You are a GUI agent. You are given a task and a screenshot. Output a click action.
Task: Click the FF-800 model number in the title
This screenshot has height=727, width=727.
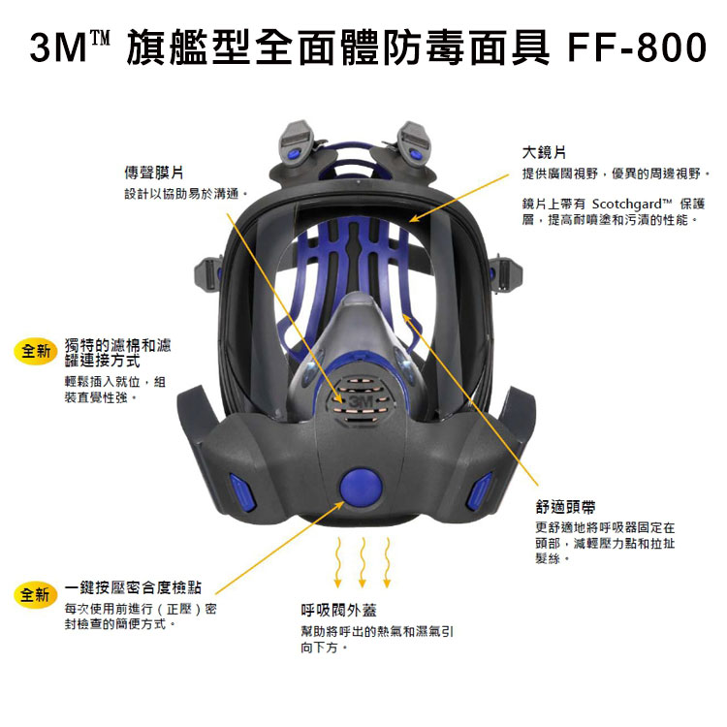pyautogui.click(x=637, y=47)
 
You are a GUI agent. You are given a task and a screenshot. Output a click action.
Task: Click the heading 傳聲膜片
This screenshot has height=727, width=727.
pyautogui.click(x=154, y=173)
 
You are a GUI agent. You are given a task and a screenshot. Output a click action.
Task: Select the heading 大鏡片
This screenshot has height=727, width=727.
pyautogui.click(x=544, y=152)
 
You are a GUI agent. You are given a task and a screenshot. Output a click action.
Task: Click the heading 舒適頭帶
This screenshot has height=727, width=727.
pyautogui.click(x=565, y=507)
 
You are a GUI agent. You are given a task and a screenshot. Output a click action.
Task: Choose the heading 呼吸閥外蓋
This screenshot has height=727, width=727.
pyautogui.click(x=338, y=610)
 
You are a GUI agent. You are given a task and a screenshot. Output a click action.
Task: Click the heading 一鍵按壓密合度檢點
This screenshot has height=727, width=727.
pyautogui.click(x=133, y=587)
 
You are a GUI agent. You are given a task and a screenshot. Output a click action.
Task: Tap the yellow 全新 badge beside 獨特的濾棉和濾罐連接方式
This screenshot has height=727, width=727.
pyautogui.click(x=36, y=351)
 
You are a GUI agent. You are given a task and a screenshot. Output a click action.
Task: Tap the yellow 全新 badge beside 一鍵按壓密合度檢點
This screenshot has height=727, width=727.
pyautogui.click(x=36, y=594)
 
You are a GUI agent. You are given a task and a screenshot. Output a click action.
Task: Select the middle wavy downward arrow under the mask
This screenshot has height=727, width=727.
pyautogui.click(x=363, y=562)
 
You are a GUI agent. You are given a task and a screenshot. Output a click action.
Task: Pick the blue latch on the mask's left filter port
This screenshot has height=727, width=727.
pyautogui.click(x=241, y=491)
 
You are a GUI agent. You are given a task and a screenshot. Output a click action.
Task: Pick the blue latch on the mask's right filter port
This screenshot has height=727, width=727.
pyautogui.click(x=481, y=491)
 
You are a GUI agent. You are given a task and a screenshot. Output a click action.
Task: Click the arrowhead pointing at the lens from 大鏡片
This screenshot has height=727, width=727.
pyautogui.click(x=414, y=218)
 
